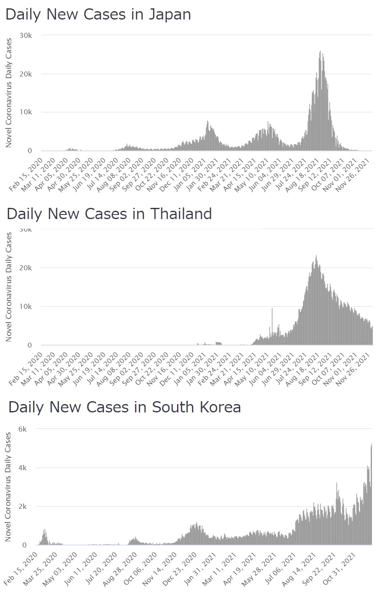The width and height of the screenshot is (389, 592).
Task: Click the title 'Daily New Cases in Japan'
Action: click(98, 15)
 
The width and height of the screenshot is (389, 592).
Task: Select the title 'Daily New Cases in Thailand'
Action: click(109, 214)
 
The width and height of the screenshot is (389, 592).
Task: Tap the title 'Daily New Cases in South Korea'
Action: click(125, 407)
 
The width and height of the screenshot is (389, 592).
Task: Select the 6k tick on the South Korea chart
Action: click(22, 429)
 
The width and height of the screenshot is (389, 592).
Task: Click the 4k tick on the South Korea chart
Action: click(22, 468)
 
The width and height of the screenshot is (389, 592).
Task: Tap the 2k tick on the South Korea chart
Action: click(22, 506)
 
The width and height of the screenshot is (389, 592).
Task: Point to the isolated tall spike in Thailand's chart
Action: click(272, 309)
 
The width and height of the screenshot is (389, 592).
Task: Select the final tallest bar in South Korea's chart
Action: click(371, 445)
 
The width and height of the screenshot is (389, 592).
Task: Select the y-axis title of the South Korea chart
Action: click(8, 487)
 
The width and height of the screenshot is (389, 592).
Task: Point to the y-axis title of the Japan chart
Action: click(9, 93)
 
